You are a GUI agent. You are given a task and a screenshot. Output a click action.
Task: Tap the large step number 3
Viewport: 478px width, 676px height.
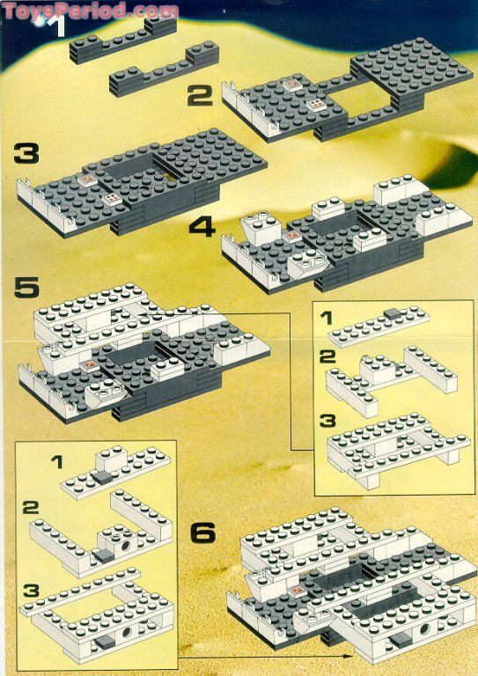tap(26, 156)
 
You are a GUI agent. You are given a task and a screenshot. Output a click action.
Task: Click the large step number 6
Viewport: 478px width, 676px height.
tap(202, 532)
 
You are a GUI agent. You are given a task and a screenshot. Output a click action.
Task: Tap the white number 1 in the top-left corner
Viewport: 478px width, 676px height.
tap(58, 26)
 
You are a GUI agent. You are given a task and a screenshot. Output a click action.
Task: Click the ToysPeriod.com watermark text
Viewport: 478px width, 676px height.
tap(90, 10)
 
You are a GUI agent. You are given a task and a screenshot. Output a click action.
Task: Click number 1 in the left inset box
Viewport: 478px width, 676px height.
tap(56, 460)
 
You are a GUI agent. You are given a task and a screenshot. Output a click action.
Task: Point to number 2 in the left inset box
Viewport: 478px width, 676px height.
tap(31, 508)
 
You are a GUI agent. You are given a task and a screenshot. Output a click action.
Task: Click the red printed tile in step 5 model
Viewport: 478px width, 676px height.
tap(88, 364)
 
